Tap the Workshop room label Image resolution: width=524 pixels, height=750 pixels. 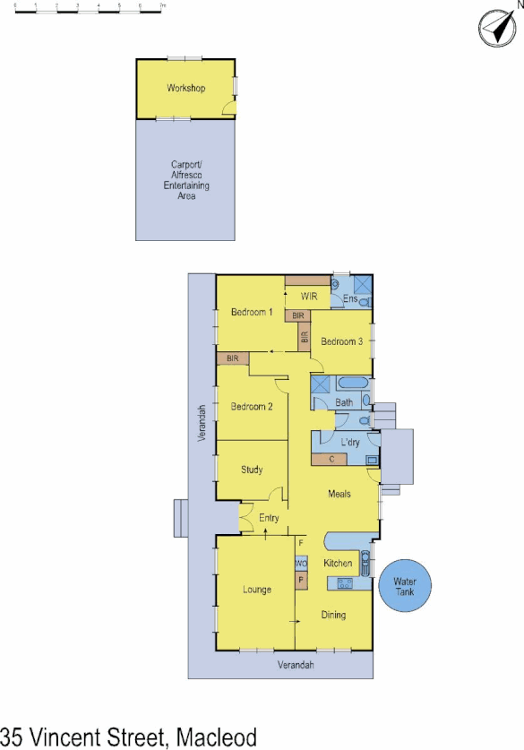tap(185, 88)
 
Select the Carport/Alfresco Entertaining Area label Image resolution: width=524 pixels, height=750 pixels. tap(185, 179)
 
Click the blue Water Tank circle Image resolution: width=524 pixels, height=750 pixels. tap(411, 587)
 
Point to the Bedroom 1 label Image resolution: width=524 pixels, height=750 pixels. tap(251, 312)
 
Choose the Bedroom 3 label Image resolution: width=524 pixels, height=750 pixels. tap(341, 341)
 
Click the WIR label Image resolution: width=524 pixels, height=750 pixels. tap(310, 296)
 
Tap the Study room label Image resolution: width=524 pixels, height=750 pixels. tap(251, 470)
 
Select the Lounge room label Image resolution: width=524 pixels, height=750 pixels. tap(256, 590)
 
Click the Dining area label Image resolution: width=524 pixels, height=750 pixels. tap(332, 615)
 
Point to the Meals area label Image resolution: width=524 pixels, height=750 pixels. tap(339, 494)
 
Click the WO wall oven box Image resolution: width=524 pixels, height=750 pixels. tap(301, 564)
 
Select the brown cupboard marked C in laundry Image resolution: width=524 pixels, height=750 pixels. tap(331, 460)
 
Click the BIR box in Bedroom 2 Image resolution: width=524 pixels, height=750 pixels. tap(233, 358)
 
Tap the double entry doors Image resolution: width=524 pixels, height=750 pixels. tap(243, 518)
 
